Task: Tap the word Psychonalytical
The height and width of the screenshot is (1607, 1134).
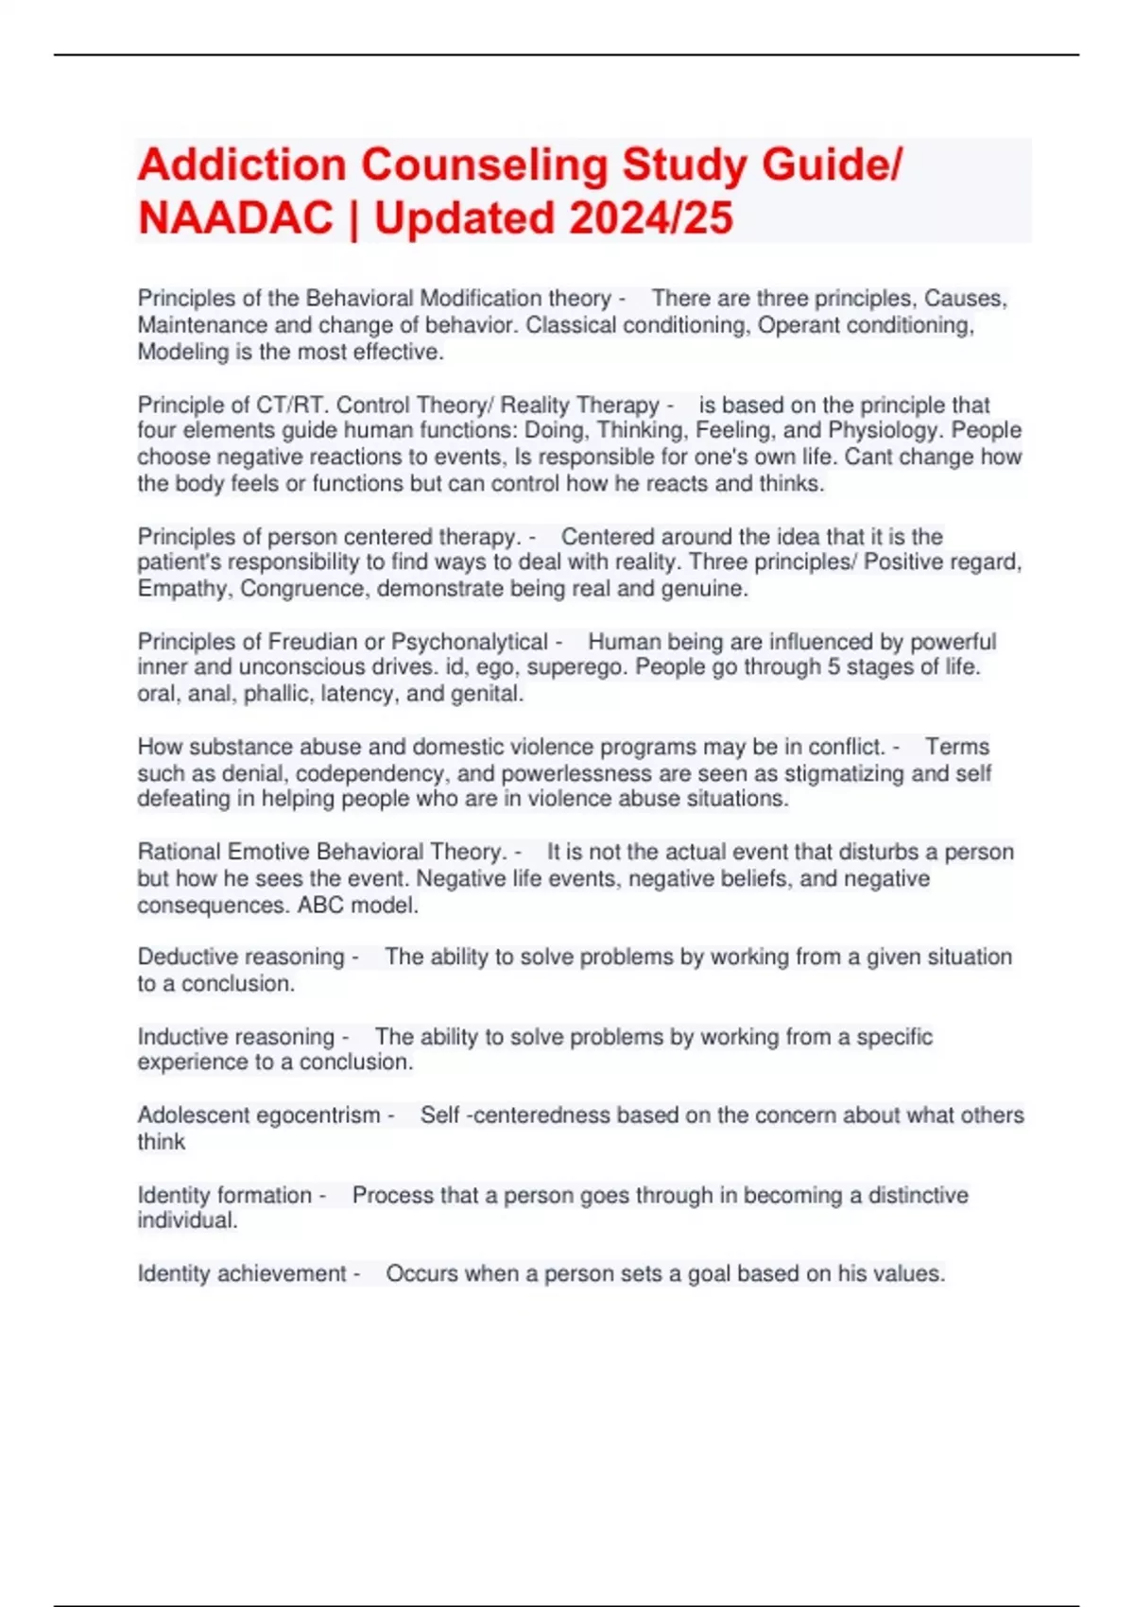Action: click(469, 642)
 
